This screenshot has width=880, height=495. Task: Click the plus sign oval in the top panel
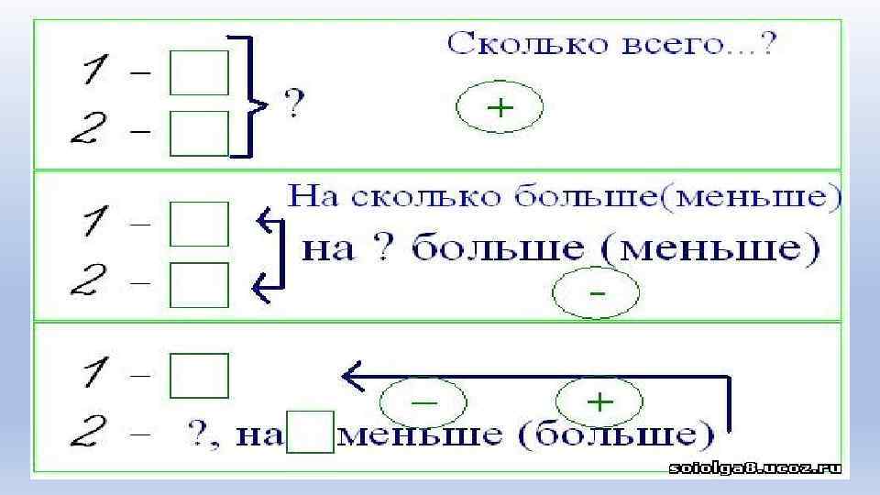[500, 109]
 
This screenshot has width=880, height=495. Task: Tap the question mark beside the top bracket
[293, 103]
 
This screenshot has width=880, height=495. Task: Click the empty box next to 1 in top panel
[199, 73]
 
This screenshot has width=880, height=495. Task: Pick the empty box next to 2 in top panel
[199, 133]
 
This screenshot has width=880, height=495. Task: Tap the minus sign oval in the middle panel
[597, 295]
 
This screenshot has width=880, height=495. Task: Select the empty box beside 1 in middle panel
[199, 224]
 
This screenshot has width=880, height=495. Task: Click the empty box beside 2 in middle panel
[199, 284]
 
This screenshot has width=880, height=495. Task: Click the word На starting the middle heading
[315, 198]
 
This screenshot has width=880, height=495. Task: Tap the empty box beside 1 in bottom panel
[199, 376]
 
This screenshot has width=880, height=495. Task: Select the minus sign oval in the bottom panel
[423, 402]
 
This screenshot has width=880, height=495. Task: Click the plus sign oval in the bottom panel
[599, 401]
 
